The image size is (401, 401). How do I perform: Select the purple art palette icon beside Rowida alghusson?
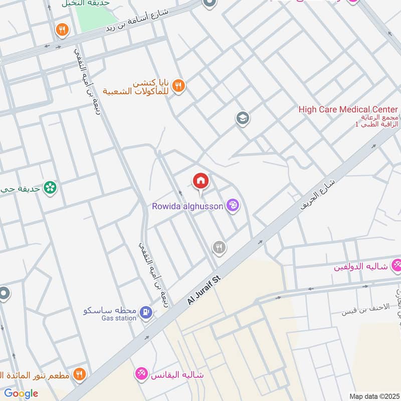(x=233, y=205)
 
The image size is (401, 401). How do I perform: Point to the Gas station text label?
(x=119, y=318)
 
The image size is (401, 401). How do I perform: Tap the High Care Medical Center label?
(x=348, y=109)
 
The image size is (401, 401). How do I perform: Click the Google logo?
(x=21, y=393)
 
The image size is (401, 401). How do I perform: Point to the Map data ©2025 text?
(x=373, y=396)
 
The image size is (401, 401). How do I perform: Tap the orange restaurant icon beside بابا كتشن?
(x=178, y=87)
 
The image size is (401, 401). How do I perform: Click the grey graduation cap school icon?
(x=243, y=119)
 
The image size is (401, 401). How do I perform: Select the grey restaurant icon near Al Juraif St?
(x=219, y=247)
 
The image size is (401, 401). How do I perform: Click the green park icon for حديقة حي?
(x=50, y=188)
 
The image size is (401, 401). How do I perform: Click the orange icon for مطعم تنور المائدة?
(x=79, y=374)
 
